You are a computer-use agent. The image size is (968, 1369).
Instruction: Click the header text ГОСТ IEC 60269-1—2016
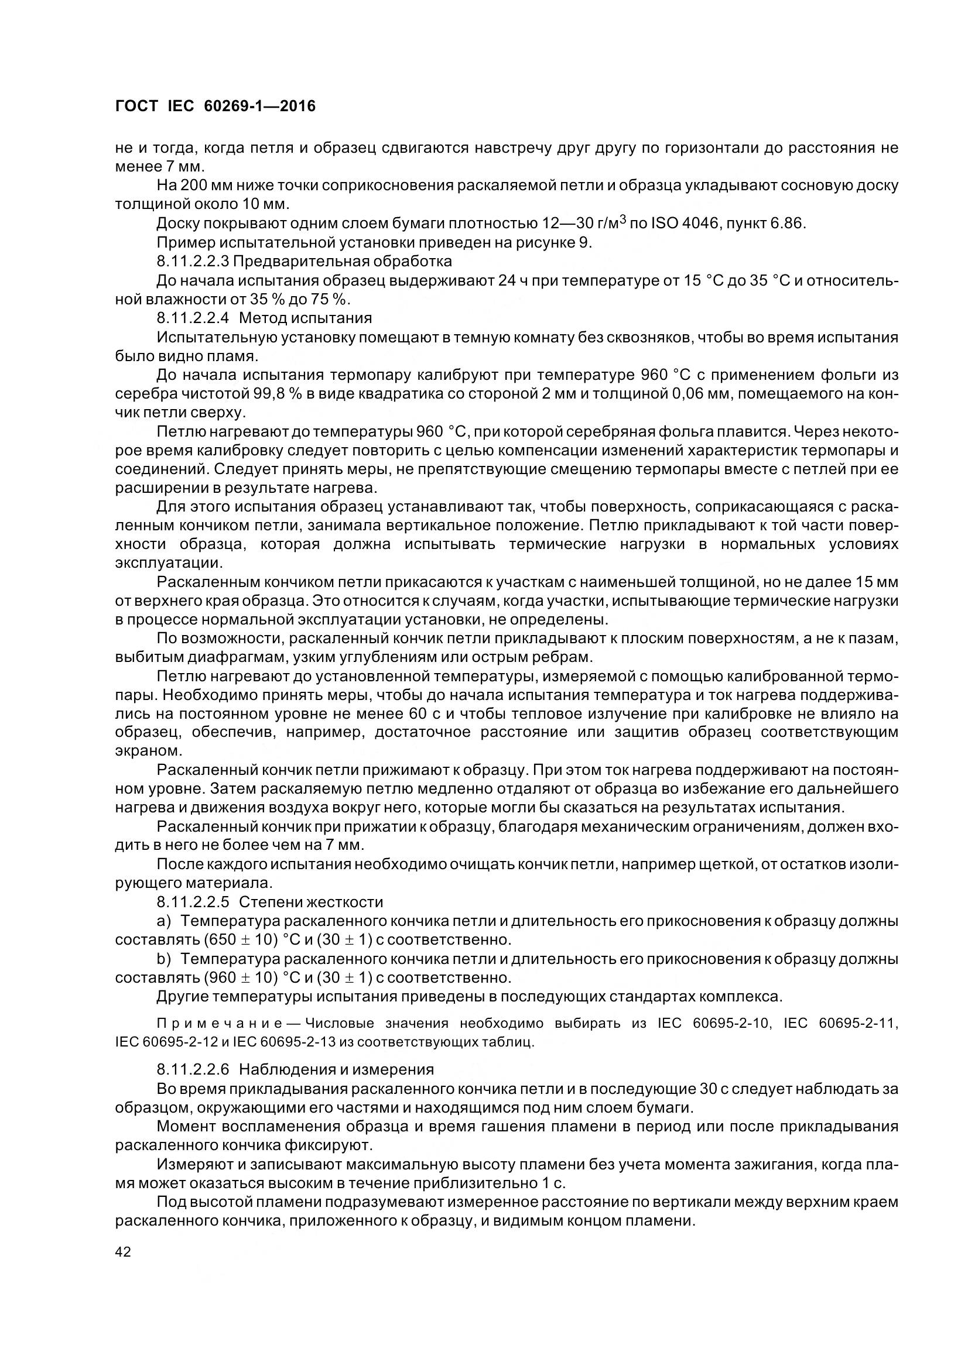tap(215, 106)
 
